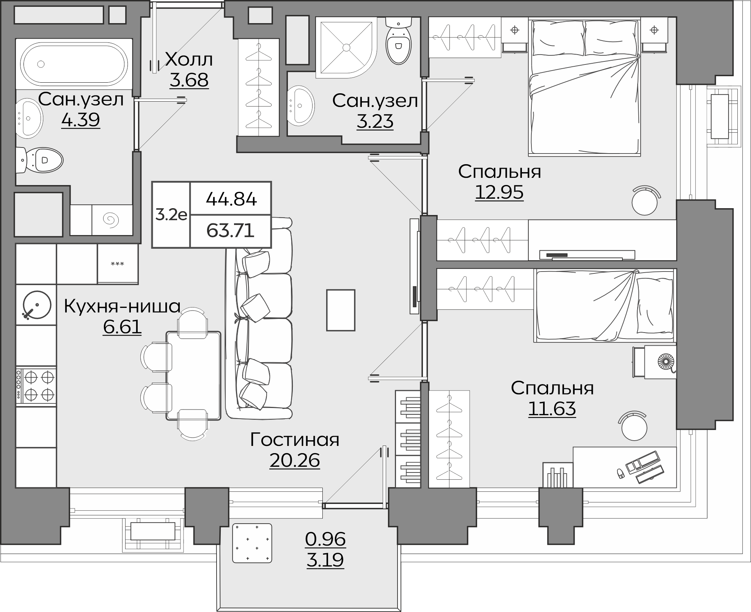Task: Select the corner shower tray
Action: [346, 47]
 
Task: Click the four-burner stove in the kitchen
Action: [36, 386]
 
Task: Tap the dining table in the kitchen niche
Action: [193, 375]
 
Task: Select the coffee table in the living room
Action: [341, 310]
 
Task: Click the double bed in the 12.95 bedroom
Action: [584, 87]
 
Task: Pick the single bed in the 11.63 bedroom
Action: [605, 305]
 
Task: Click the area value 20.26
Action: [295, 460]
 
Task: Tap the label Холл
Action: [189, 60]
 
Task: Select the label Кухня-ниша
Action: [122, 306]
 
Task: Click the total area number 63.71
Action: [231, 230]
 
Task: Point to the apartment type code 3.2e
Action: [171, 215]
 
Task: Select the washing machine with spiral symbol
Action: [112, 220]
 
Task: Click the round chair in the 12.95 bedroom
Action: [645, 201]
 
